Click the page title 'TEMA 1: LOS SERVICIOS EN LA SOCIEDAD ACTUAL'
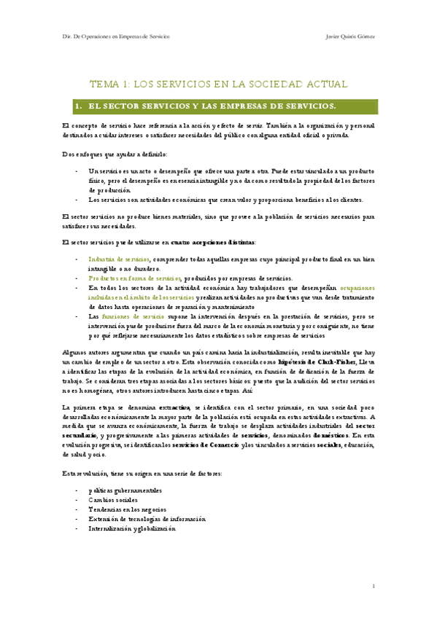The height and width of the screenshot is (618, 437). tap(218, 85)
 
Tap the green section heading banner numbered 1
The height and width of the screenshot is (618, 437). tap(218, 106)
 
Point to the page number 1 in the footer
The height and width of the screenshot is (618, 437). tap(373, 586)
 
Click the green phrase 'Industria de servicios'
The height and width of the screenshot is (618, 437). tap(119, 259)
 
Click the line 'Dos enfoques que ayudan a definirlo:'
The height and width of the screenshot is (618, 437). tap(115, 154)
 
